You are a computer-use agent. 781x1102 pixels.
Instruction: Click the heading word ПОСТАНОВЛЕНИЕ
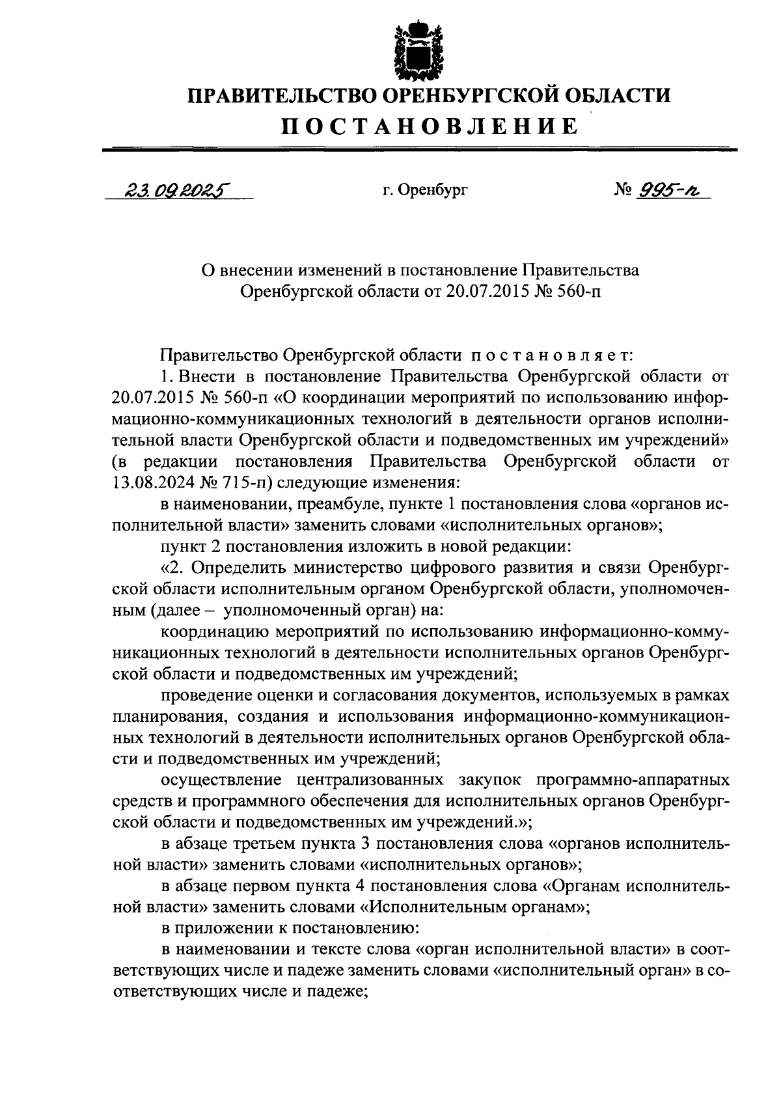click(x=429, y=126)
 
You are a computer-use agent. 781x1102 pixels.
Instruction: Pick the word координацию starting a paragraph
click(x=215, y=631)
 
